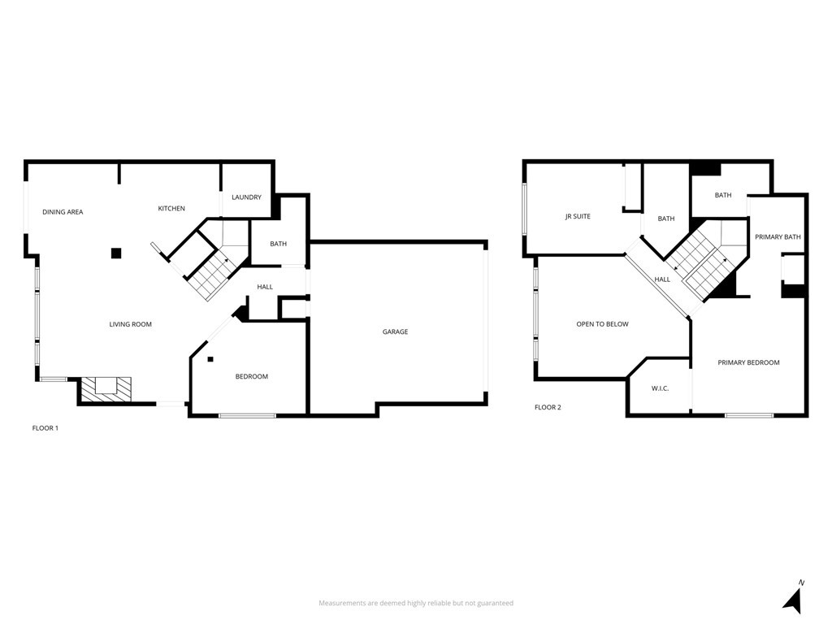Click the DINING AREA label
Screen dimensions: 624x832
[x=63, y=212]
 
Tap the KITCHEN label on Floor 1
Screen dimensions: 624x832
[x=171, y=209]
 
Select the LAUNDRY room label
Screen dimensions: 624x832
[x=246, y=197]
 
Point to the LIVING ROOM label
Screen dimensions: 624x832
[x=131, y=324]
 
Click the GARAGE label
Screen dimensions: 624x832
[x=396, y=331]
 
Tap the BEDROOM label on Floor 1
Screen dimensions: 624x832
[x=252, y=376]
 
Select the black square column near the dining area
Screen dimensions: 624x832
[x=116, y=253]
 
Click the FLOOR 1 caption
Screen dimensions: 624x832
[x=45, y=427]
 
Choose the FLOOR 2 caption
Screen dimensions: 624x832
[x=548, y=407]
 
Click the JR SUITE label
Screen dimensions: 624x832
[x=578, y=217]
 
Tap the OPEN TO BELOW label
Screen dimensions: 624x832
[x=602, y=324]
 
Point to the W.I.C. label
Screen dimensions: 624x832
[x=660, y=388]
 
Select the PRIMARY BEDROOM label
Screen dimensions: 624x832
[x=748, y=362]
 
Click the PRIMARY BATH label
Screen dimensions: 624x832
[x=778, y=237]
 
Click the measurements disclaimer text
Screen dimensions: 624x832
[x=416, y=603]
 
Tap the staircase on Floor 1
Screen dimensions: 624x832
[x=210, y=272]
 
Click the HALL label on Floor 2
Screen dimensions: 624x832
[x=663, y=279]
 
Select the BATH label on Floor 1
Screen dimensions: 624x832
[x=279, y=244]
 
